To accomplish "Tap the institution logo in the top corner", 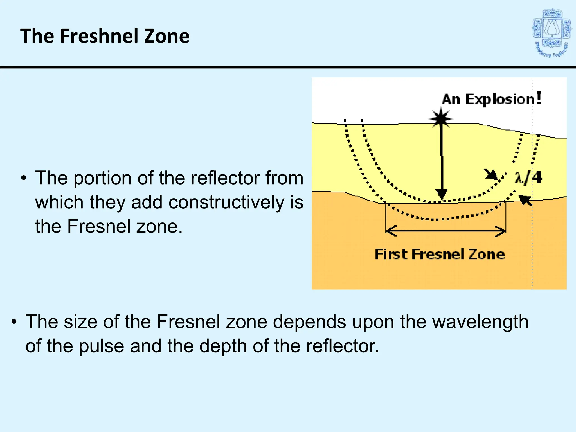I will (552, 33).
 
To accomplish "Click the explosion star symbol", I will (441, 118).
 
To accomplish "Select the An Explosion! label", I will (491, 99).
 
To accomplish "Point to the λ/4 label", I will (528, 178).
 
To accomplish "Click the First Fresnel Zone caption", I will (440, 254).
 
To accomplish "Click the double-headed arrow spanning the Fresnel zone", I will (446, 231).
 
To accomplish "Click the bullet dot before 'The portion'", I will (24, 178).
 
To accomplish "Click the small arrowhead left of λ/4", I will (492, 175).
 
